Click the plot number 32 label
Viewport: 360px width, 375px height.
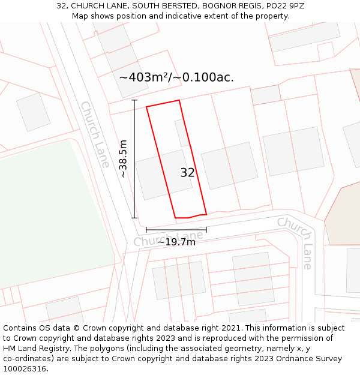(187, 173)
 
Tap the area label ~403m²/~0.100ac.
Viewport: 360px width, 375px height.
(176, 77)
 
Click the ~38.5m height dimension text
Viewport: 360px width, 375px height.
(123, 159)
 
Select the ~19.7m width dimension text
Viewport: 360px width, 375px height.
(176, 242)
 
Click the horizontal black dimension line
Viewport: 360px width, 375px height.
(176, 229)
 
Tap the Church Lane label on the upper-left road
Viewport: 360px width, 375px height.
(95, 134)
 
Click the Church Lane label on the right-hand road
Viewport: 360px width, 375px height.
(296, 242)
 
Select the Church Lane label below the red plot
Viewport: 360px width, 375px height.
(169, 239)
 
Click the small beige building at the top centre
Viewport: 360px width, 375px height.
(266, 95)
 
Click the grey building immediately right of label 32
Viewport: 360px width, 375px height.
(229, 166)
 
